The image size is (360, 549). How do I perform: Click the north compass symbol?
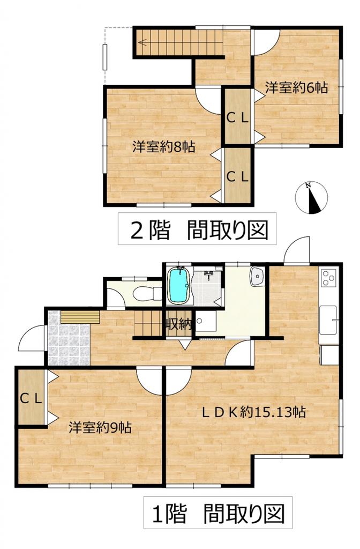(x=311, y=197)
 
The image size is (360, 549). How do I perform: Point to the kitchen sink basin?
(x=328, y=320)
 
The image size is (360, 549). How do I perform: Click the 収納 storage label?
(x=178, y=324)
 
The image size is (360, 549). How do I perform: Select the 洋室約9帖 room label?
(x=100, y=427)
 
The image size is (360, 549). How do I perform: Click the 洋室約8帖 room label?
(x=163, y=147)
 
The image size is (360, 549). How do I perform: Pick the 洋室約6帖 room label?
(x=296, y=87)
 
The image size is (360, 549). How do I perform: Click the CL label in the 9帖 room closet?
(x=31, y=398)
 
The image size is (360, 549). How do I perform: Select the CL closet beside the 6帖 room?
(x=237, y=118)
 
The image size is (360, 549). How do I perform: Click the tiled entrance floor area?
(x=69, y=338)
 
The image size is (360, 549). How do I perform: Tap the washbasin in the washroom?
(x=257, y=276)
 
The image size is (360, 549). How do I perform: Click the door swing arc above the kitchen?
(x=297, y=249)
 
